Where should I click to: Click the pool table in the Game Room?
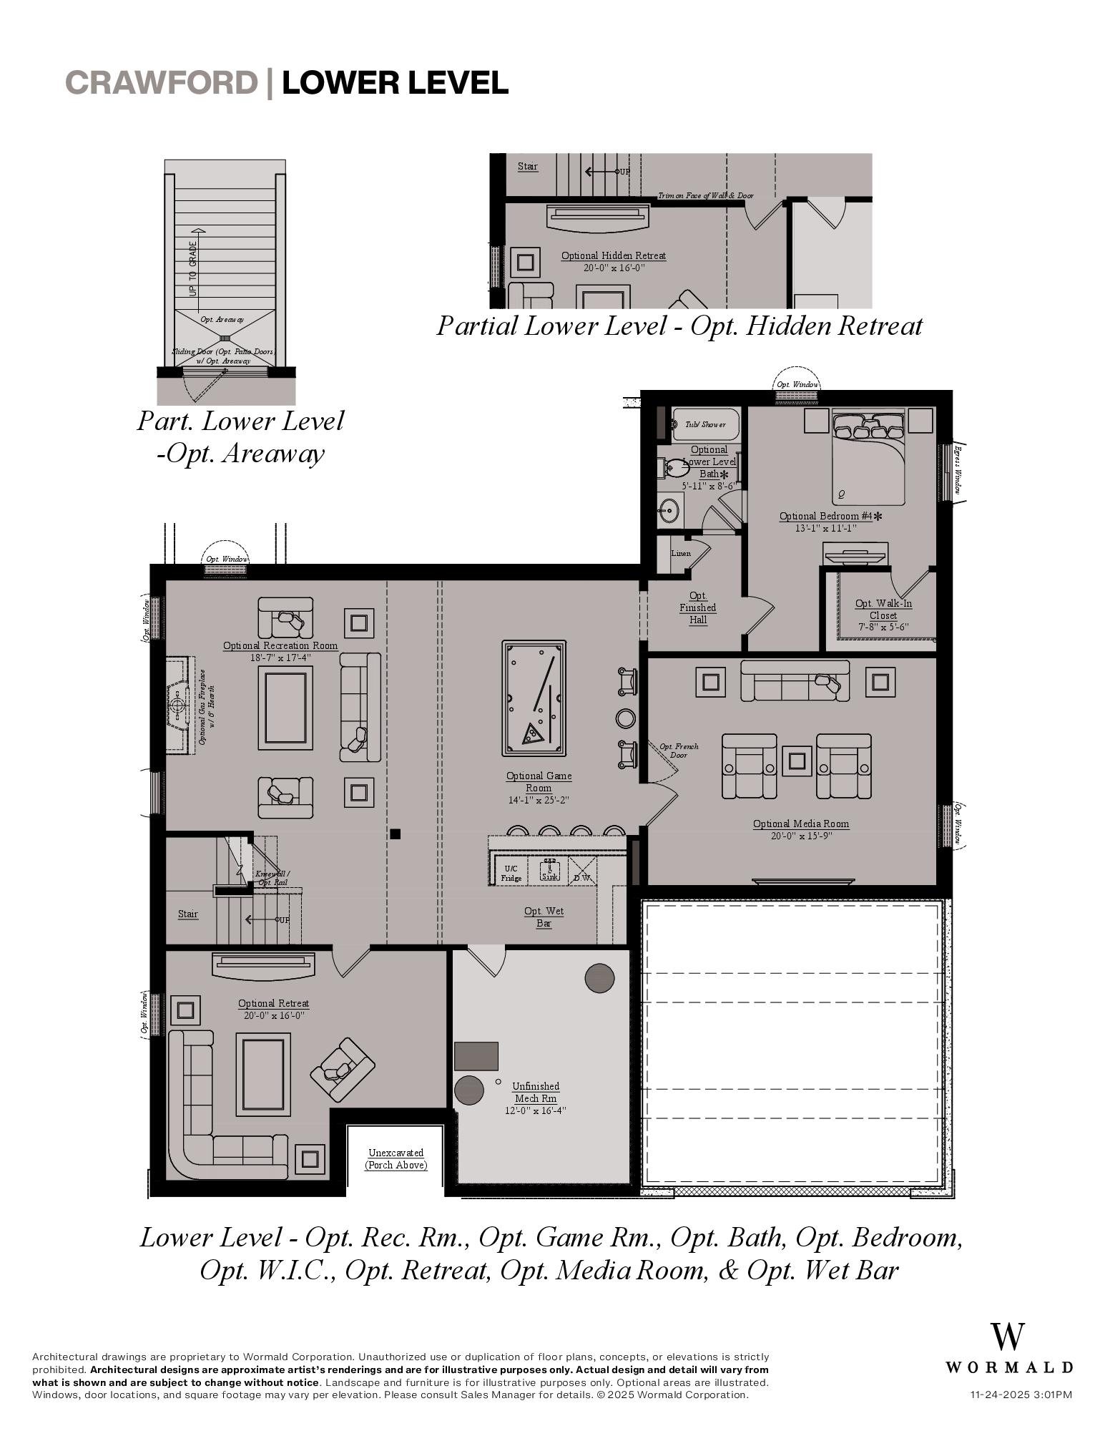(x=534, y=698)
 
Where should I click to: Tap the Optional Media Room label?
(x=800, y=824)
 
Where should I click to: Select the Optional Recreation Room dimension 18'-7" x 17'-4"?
(x=280, y=658)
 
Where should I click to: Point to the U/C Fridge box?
(x=511, y=873)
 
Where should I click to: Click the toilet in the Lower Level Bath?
(x=672, y=469)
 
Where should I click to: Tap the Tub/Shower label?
(x=704, y=424)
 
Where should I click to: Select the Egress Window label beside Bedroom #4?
(x=956, y=470)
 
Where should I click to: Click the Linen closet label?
(x=680, y=553)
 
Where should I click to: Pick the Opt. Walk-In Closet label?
(x=883, y=609)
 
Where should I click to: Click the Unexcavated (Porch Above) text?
(x=396, y=1158)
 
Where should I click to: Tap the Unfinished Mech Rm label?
(x=536, y=1092)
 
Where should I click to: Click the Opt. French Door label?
(x=679, y=751)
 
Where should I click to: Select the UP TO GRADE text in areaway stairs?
(x=192, y=269)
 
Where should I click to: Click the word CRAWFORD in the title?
(x=161, y=82)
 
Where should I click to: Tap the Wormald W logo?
(x=1007, y=1337)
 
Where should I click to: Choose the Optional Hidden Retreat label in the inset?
(x=613, y=255)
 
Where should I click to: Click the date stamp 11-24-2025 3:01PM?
(x=1021, y=1394)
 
